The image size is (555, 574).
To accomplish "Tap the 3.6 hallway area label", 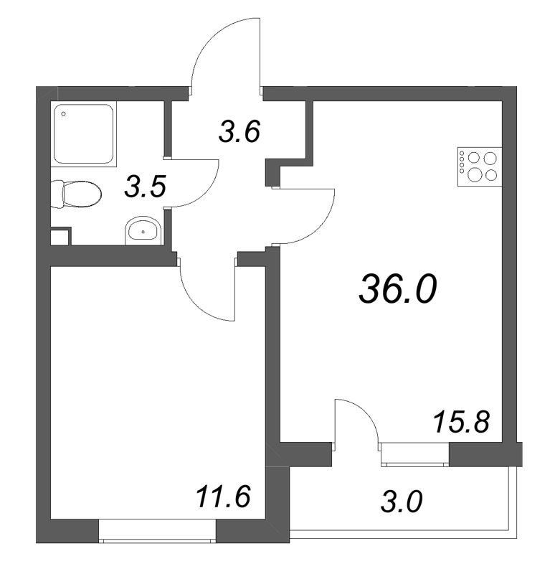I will (x=239, y=133).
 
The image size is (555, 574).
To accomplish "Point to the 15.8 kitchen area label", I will (x=462, y=423).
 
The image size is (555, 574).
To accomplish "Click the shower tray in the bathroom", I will (x=84, y=134).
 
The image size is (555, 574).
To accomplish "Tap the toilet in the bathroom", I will (x=77, y=193).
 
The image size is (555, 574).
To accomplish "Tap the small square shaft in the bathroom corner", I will (x=61, y=236).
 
